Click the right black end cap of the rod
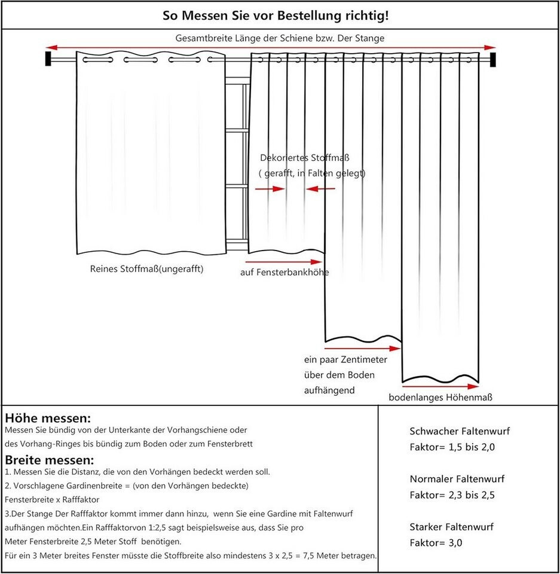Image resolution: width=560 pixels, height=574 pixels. [x=493, y=59]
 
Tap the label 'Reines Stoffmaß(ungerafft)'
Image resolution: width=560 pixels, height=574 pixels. [x=146, y=269]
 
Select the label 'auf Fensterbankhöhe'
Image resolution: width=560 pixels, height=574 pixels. [x=284, y=273]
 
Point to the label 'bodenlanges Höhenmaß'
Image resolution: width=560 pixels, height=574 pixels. [x=440, y=397]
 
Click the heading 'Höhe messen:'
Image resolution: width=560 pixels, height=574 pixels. [x=48, y=417]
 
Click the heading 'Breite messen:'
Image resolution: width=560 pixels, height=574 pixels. [x=50, y=459]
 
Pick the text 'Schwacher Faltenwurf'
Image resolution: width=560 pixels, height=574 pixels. [x=460, y=430]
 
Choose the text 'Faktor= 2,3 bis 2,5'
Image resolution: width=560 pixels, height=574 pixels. [x=452, y=494]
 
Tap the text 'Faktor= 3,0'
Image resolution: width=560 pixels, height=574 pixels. [x=436, y=543]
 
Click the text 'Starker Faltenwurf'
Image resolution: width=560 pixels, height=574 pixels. [x=452, y=527]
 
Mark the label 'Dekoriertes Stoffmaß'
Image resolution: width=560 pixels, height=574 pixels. [x=305, y=158]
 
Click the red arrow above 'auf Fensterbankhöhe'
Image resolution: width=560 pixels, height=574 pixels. [x=284, y=261]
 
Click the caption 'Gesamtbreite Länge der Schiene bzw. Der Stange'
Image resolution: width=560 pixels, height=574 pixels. [x=280, y=38]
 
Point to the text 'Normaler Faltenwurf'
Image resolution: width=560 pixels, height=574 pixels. [x=457, y=479]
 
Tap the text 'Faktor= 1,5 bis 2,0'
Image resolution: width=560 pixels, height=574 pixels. [x=452, y=447]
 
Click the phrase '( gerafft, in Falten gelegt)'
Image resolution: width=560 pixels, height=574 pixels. [x=312, y=173]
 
